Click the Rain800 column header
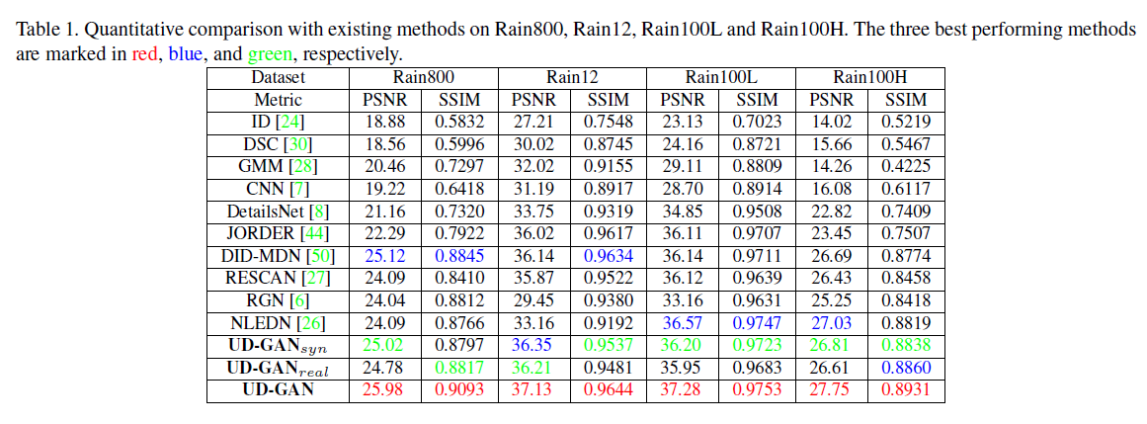point(424,77)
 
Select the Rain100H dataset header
point(869,77)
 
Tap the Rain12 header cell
point(572,77)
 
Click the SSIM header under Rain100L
point(757,100)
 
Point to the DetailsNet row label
point(278,212)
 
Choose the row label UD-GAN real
point(278,368)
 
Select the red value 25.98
point(386,389)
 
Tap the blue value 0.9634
point(609,256)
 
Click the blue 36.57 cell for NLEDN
point(683,322)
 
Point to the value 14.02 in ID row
point(831,123)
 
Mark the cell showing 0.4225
point(906,167)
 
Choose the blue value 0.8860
point(906,368)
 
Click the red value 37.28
point(683,389)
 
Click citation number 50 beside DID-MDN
point(323,256)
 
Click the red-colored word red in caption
point(144,52)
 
